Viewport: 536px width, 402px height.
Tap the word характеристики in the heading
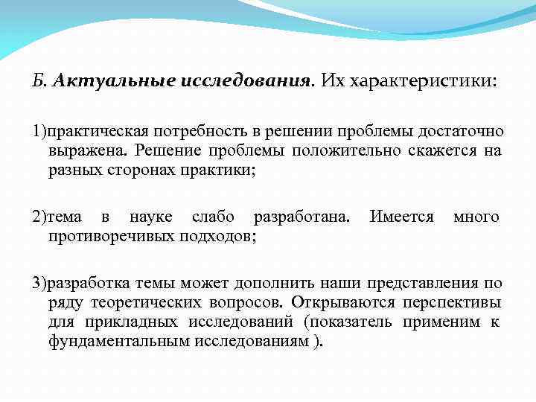(421, 80)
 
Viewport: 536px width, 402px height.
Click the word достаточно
(460, 132)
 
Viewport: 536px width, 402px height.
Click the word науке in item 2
(149, 217)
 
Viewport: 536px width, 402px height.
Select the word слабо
(213, 217)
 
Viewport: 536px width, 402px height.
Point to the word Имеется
(402, 217)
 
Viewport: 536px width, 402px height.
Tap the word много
(476, 217)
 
